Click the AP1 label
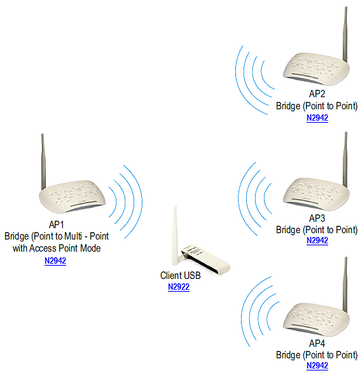(x=57, y=225)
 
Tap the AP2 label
(x=317, y=94)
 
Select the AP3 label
(x=317, y=218)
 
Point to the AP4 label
(x=317, y=343)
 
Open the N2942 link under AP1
(x=55, y=260)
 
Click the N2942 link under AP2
(x=317, y=118)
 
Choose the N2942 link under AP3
(x=317, y=240)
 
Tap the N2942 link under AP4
(x=317, y=365)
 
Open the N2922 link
(x=179, y=287)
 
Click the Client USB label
(x=181, y=275)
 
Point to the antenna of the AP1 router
(x=43, y=161)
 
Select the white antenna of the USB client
(x=175, y=235)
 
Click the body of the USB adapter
(x=205, y=259)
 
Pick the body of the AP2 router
(x=316, y=69)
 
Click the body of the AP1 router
(x=72, y=196)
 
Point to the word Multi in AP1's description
(x=73, y=236)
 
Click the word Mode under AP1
(x=90, y=248)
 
